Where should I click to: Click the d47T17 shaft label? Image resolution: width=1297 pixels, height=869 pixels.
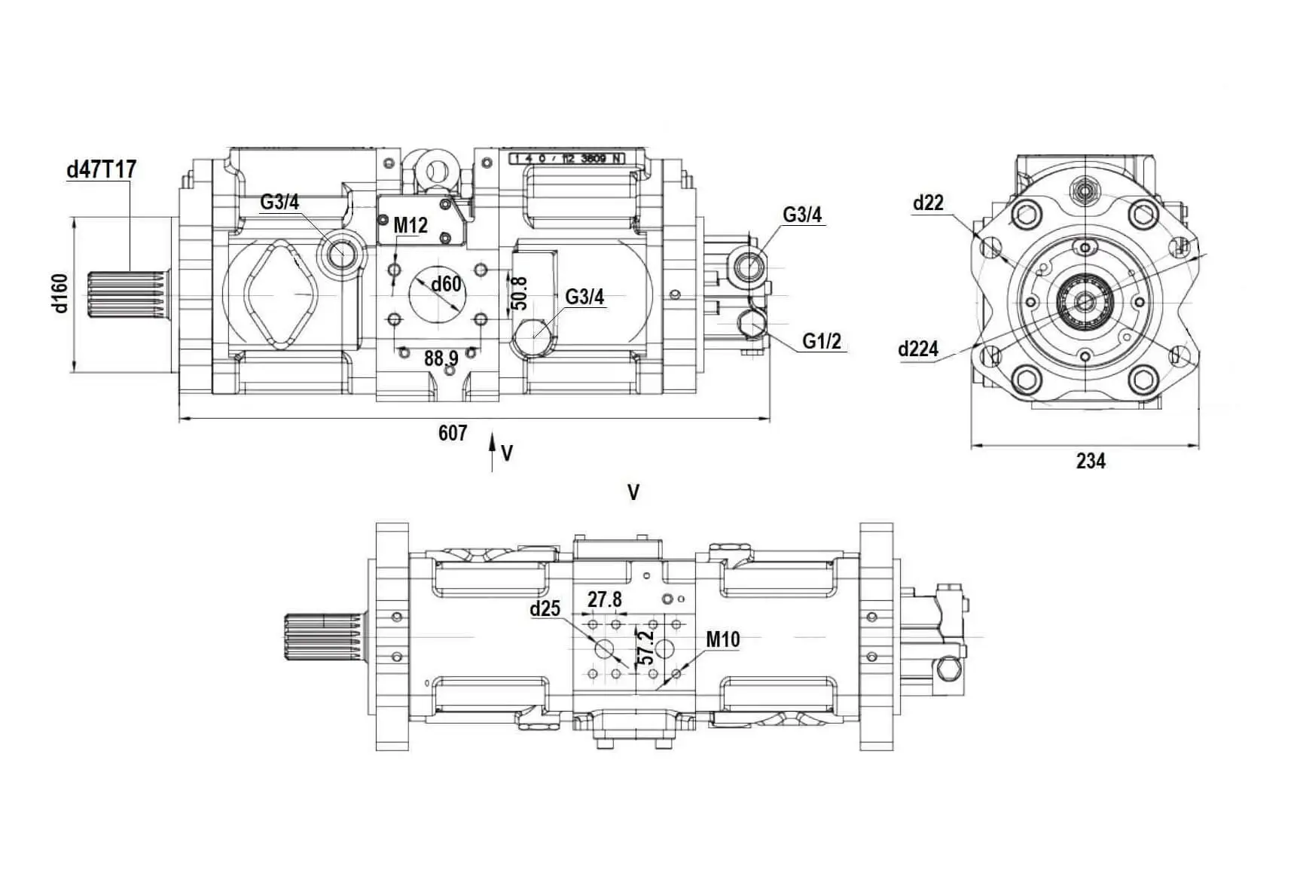pyautogui.click(x=102, y=169)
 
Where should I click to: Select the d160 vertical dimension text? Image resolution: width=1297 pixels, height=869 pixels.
pyautogui.click(x=60, y=293)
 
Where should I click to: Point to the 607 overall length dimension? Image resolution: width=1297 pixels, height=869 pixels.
pyautogui.click(x=452, y=433)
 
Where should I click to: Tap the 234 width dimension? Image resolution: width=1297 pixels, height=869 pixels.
pyautogui.click(x=1090, y=461)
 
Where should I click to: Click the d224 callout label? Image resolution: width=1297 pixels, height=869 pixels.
pyautogui.click(x=918, y=349)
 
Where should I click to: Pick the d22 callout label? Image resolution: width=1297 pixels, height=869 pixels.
pyautogui.click(x=928, y=203)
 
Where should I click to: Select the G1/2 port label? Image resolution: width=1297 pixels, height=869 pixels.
pyautogui.click(x=821, y=341)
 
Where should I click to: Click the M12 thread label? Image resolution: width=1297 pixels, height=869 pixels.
pyautogui.click(x=410, y=224)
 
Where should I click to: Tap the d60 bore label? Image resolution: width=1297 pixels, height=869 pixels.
pyautogui.click(x=446, y=284)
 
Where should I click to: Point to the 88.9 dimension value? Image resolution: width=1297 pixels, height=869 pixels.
pyautogui.click(x=441, y=358)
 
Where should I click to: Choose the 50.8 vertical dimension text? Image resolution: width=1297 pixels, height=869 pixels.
pyautogui.click(x=519, y=293)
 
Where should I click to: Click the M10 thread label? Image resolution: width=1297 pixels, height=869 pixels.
pyautogui.click(x=722, y=639)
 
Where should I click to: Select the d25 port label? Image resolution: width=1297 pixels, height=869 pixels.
pyautogui.click(x=545, y=608)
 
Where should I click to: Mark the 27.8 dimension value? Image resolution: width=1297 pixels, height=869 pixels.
pyautogui.click(x=605, y=599)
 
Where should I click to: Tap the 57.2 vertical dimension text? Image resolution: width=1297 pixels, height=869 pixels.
pyautogui.click(x=645, y=647)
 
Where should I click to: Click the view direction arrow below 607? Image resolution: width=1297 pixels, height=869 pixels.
pyautogui.click(x=492, y=452)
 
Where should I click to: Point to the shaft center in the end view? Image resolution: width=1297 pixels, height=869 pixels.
pyautogui.click(x=1085, y=302)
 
